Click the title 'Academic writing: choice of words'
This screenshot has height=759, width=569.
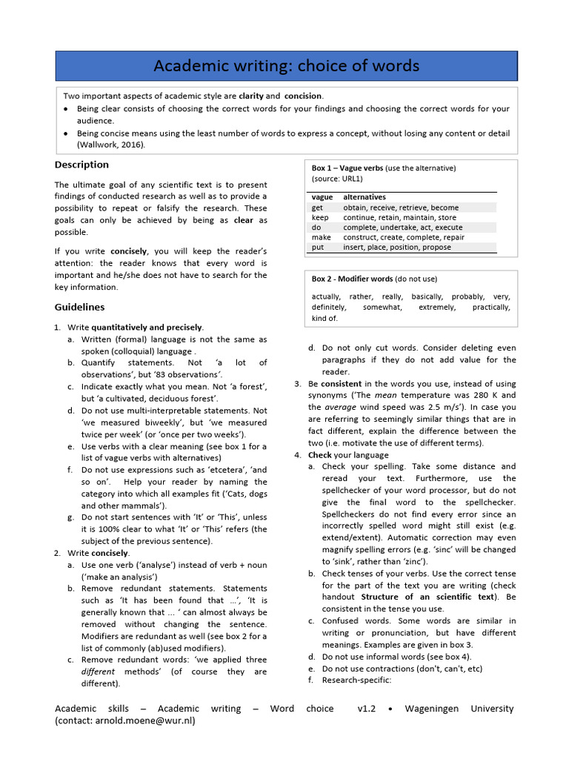coord(286,66)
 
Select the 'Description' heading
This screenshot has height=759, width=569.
coord(81,165)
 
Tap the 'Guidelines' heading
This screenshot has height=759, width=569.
coord(79,307)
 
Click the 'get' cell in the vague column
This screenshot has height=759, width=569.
coord(318,208)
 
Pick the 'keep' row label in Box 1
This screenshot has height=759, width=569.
coord(320,218)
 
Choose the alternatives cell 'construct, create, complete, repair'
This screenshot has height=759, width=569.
coord(404,237)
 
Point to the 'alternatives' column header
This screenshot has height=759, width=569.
coord(365,197)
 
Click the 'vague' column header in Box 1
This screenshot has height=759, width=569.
coord(322,197)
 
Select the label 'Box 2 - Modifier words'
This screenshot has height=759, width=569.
coord(353,279)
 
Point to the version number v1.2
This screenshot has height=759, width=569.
coord(367,709)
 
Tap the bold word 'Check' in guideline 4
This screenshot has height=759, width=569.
coord(320,454)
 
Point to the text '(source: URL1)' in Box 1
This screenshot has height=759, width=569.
coord(337,179)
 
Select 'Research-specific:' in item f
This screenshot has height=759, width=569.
coord(356,680)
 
